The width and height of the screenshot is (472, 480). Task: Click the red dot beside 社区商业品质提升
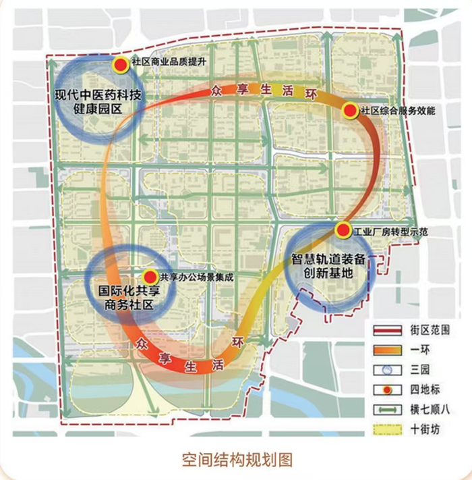[x=121, y=65]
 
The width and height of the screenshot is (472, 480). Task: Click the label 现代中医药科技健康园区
[x=98, y=101]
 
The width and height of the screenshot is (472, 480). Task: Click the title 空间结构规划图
[x=237, y=459]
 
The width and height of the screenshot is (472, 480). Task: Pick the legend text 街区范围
[x=426, y=330]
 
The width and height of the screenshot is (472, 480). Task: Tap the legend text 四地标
[x=421, y=390]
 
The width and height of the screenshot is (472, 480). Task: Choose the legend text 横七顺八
[x=426, y=410]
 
